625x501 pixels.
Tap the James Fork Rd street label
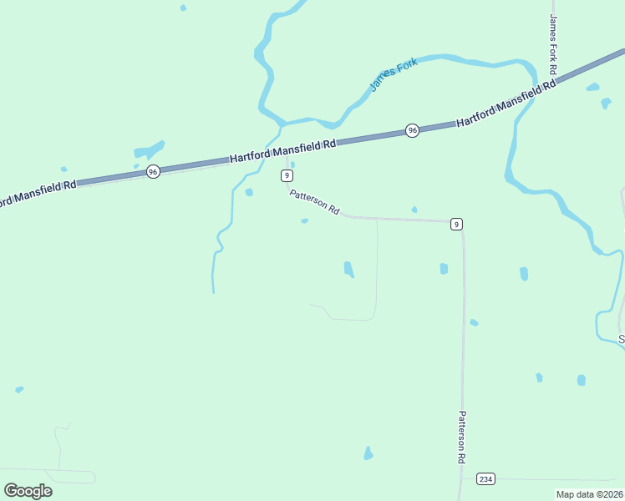553,43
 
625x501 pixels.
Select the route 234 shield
485,478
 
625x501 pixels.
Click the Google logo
28,490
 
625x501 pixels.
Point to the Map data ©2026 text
589,494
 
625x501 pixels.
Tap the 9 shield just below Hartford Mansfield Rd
287,175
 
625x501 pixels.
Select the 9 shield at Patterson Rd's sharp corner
455,224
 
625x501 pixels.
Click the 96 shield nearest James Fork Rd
412,130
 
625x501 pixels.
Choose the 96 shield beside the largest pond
152,171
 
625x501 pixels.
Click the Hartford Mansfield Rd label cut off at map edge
38,191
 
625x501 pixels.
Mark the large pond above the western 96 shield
148,152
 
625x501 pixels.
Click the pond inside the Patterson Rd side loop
348,269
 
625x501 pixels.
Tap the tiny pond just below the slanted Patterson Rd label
304,221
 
